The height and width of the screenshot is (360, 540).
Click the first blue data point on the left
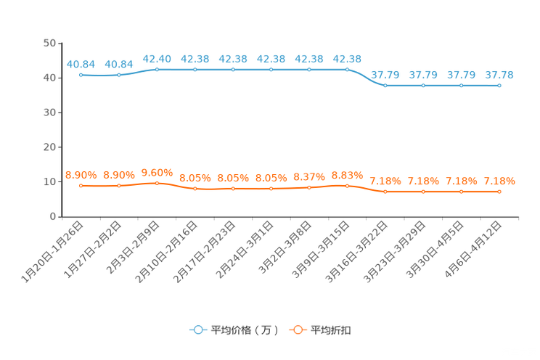(81, 74)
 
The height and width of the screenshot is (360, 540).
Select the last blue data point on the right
(499, 85)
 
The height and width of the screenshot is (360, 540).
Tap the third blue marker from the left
(157, 69)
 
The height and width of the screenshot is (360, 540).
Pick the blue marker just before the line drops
(347, 69)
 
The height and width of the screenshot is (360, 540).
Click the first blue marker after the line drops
(385, 85)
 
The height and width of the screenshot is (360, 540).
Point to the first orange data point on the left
(81, 186)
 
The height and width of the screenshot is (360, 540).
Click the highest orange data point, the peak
(157, 183)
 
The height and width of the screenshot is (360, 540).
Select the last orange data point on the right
(499, 192)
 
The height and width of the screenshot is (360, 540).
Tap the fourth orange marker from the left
(195, 189)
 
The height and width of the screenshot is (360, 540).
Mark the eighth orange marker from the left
(347, 186)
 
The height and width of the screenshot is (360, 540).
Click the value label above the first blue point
(81, 63)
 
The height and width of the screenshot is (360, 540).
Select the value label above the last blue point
(499, 74)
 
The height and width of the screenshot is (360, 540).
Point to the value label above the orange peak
(157, 172)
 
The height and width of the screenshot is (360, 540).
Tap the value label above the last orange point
(499, 181)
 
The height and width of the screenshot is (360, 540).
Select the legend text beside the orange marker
(331, 330)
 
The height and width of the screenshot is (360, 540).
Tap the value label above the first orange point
(81, 175)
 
